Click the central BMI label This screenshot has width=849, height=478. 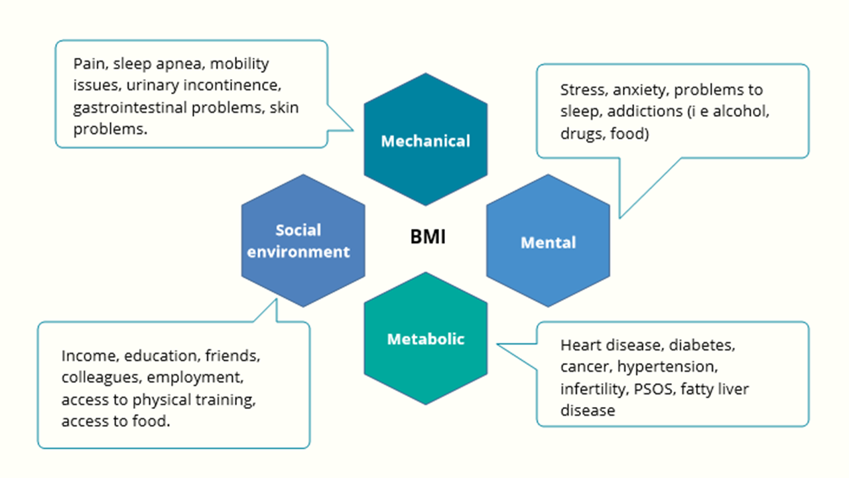pos(427,237)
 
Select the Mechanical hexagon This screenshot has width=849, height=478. pos(425,141)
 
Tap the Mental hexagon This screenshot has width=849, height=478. pos(548,242)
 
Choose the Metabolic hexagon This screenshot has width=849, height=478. pos(425,339)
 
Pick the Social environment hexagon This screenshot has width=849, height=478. pos(303,241)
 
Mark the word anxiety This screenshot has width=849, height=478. pos(637,90)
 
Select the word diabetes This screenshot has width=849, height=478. pos(702,345)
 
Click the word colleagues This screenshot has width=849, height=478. pos(98,377)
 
